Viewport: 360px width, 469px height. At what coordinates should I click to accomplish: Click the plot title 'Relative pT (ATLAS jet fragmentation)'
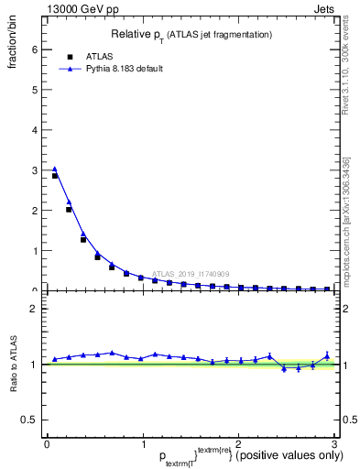[191, 34]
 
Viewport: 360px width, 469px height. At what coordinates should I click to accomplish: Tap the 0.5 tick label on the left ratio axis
[28, 420]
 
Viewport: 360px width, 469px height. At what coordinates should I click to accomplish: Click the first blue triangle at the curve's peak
[55, 169]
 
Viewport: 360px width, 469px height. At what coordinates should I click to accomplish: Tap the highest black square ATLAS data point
[55, 176]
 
